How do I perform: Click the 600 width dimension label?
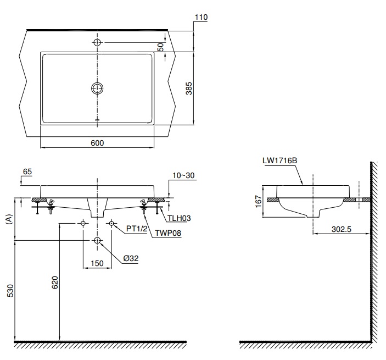point(97,143)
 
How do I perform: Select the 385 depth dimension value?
point(188,88)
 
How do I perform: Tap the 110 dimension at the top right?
point(201,18)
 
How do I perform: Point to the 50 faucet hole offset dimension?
point(160,47)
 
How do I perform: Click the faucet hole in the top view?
point(97,42)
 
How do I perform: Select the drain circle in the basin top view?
point(97,88)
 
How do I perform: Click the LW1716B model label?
point(279,160)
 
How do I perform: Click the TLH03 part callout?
point(179,218)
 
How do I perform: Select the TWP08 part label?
point(167,232)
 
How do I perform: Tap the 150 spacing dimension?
point(97,263)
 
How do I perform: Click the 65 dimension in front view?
point(28,172)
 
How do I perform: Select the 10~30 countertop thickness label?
point(183,175)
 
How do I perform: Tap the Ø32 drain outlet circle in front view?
point(97,241)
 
